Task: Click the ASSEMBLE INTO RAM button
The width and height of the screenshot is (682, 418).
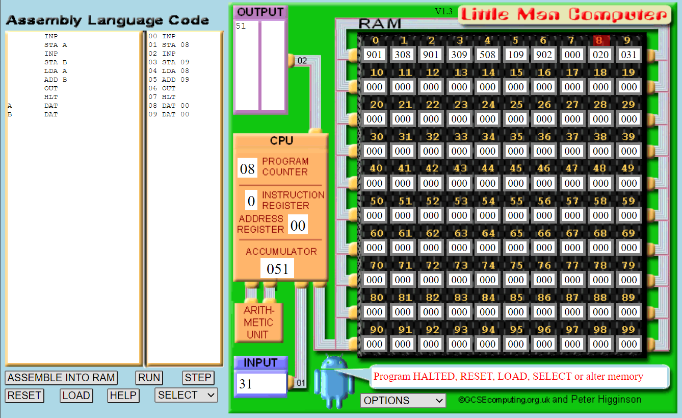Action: [x=61, y=378]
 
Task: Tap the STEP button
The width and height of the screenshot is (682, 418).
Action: [x=198, y=378]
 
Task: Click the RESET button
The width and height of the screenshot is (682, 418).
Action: [x=24, y=396]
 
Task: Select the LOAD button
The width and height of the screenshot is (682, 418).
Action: [x=76, y=396]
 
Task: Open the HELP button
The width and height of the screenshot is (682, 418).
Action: [x=123, y=396]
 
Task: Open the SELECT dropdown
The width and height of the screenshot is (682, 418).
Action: [x=186, y=395]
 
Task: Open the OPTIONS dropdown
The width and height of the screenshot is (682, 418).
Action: [x=403, y=401]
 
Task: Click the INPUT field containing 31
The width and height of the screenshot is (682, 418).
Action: [x=260, y=384]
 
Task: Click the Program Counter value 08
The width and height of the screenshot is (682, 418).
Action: [x=247, y=168]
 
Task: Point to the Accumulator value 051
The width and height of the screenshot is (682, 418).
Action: [x=277, y=268]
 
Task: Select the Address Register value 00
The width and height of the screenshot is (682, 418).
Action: [x=298, y=225]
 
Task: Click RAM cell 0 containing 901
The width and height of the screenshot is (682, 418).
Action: [x=374, y=55]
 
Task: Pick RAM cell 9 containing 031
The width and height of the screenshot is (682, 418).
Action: [x=628, y=55]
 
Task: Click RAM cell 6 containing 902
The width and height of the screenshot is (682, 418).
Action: [x=544, y=55]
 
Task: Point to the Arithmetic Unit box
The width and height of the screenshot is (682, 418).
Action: [x=258, y=323]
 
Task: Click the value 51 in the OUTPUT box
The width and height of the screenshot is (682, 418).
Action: [x=241, y=26]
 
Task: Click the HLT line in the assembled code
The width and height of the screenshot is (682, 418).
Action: [x=168, y=97]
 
